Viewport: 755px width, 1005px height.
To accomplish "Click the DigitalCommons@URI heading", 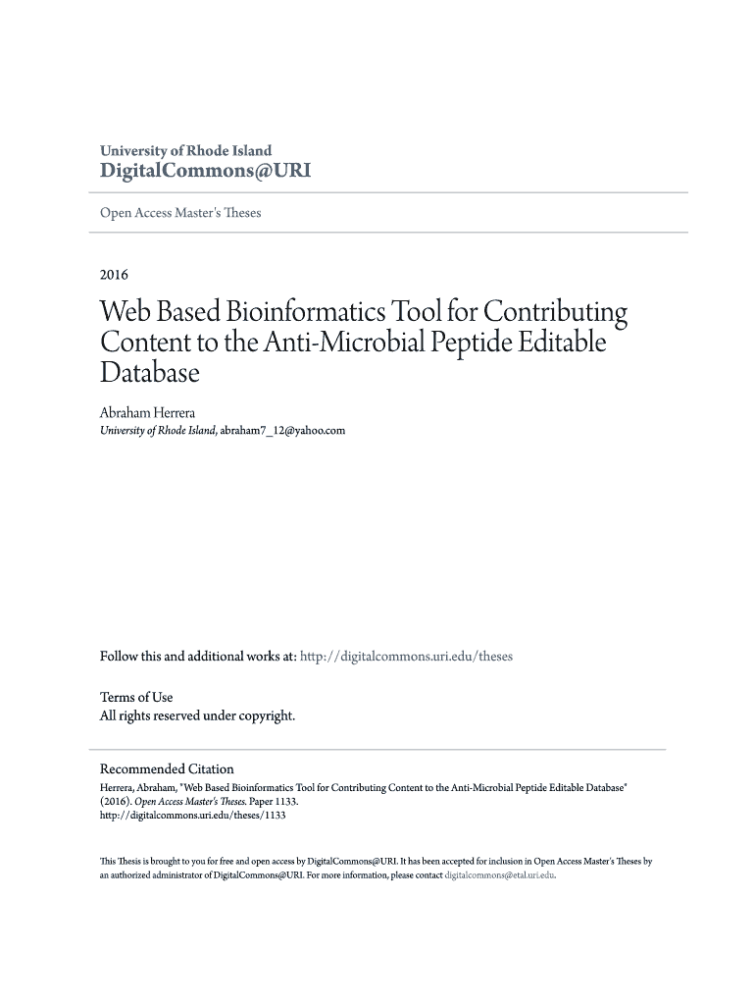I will click(206, 171).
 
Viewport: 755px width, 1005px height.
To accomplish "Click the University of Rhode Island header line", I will click(186, 151).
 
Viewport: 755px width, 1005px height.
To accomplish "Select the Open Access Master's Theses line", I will click(180, 212).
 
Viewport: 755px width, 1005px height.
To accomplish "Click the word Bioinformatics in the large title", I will click(304, 313).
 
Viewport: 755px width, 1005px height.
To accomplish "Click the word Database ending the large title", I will click(149, 374).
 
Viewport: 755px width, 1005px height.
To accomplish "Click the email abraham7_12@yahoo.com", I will click(282, 430).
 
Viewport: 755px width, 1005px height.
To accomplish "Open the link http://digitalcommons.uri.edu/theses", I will click(406, 657).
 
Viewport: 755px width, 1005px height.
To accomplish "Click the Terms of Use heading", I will click(136, 697).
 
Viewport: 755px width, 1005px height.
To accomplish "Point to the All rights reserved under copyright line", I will click(197, 715).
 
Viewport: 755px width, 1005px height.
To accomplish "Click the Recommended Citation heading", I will click(167, 768).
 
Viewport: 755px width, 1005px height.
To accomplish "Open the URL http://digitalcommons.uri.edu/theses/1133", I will click(192, 815).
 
